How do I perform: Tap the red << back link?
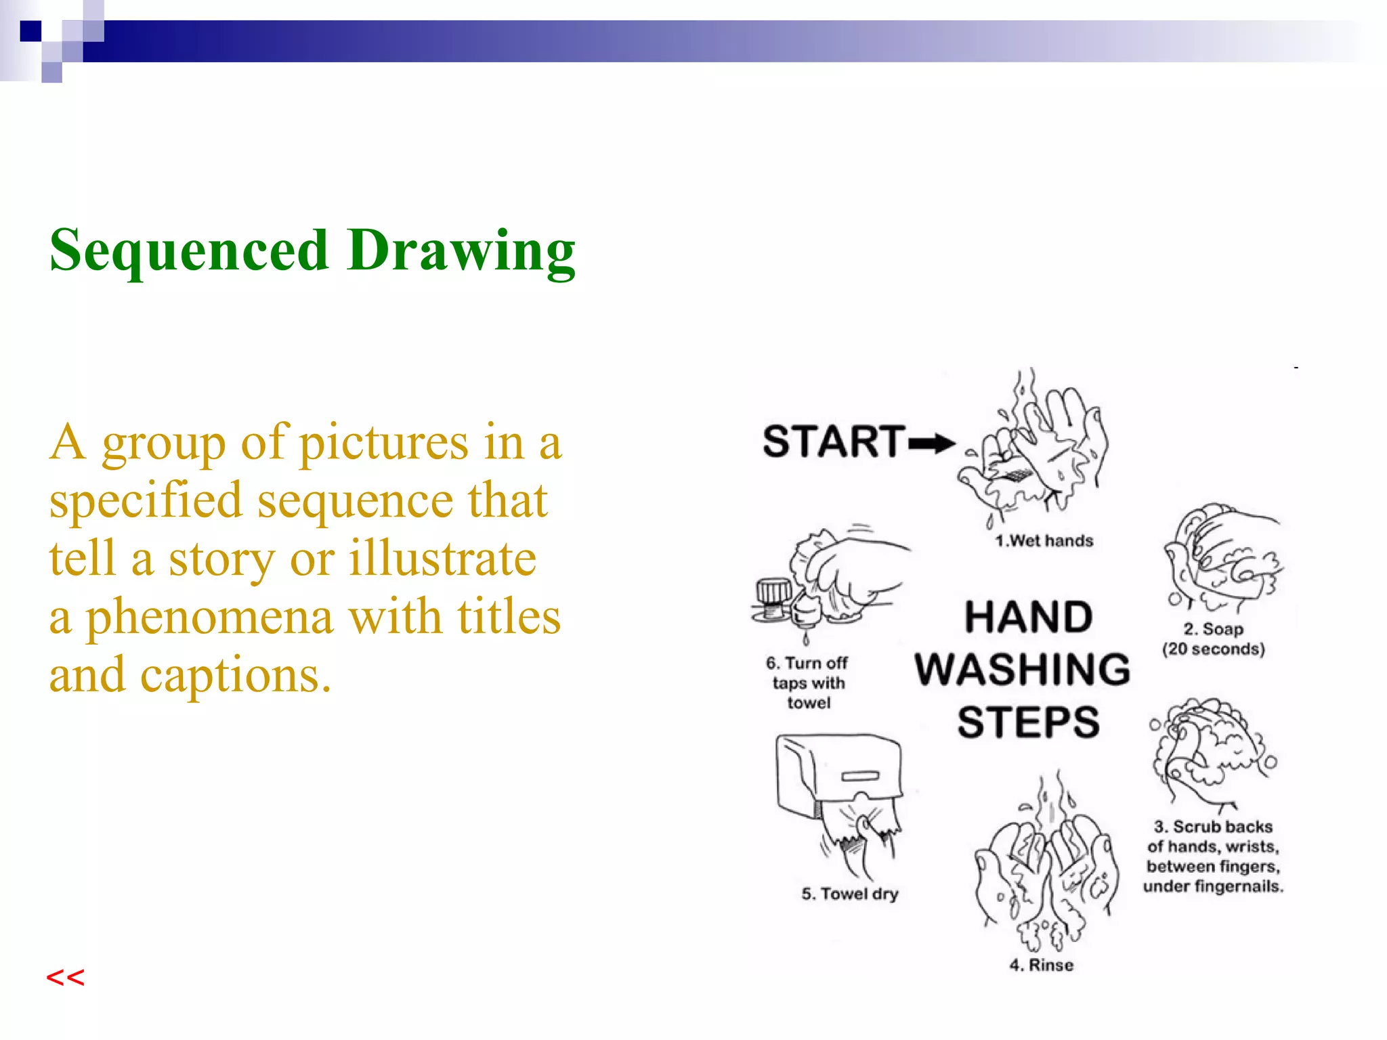65,977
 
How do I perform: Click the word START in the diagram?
834,441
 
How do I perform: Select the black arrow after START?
931,444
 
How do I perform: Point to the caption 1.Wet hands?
1044,541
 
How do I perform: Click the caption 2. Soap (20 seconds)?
1213,639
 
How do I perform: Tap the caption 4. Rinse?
1041,965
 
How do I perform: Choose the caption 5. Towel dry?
849,894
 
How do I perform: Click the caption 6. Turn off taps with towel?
807,682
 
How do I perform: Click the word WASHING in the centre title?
1023,669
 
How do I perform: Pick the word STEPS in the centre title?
1028,722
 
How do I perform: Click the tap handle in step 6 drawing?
773,591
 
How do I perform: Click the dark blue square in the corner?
30,31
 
